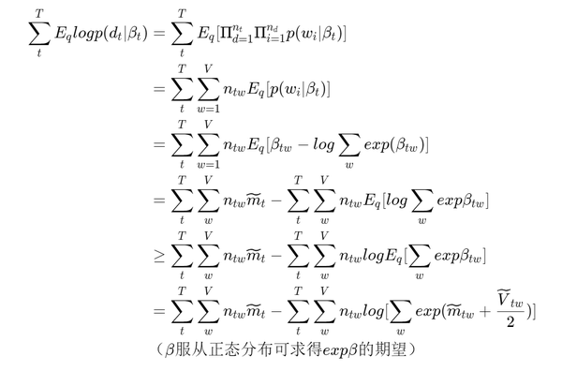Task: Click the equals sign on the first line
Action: [158, 35]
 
